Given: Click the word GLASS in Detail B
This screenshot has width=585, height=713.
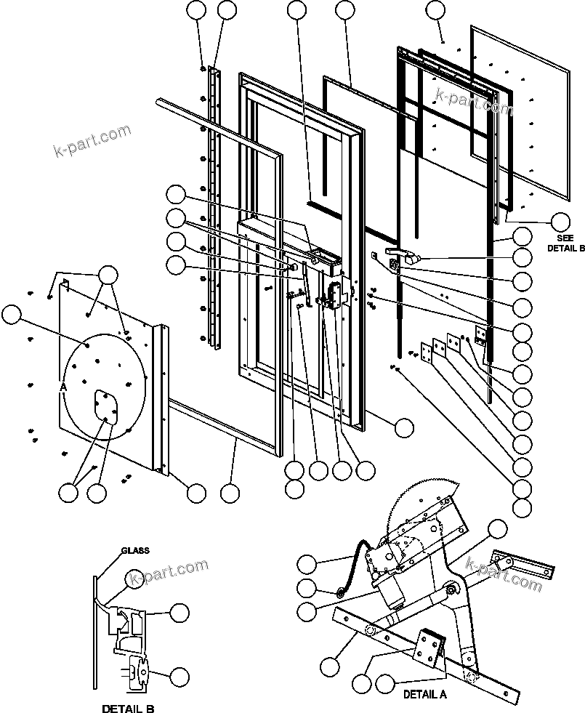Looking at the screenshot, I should [x=135, y=551].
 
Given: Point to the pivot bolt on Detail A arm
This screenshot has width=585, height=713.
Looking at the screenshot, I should [x=453, y=590].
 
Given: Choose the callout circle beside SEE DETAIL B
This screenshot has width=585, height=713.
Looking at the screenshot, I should [x=561, y=221].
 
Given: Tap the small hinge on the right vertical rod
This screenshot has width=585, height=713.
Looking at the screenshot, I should [x=480, y=334].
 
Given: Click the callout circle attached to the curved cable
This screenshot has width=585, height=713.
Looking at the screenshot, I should [x=308, y=563].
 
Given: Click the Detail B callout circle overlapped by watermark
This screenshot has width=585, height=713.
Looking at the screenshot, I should [x=135, y=578].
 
